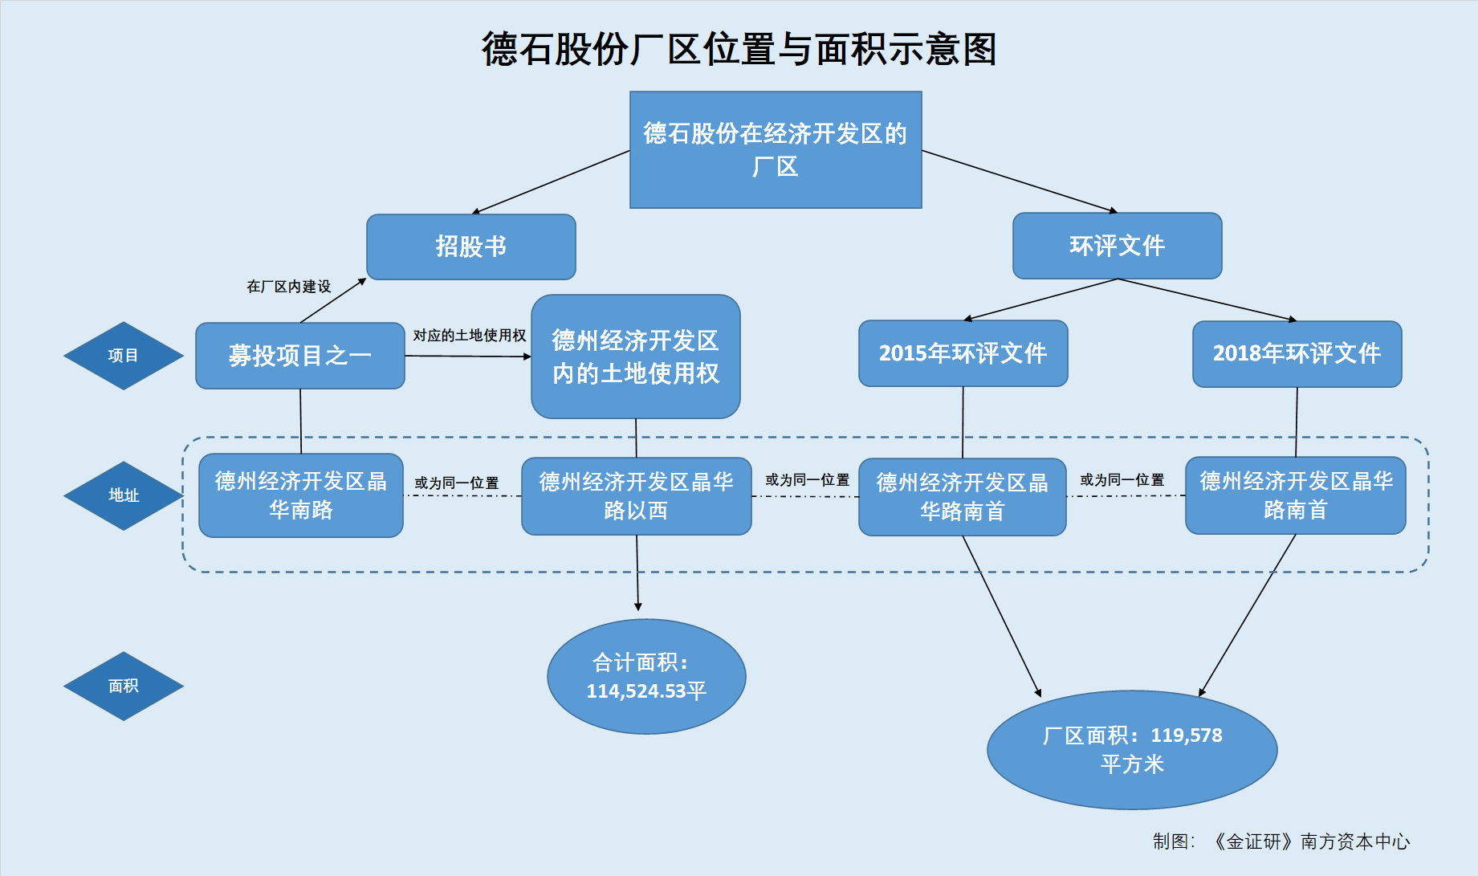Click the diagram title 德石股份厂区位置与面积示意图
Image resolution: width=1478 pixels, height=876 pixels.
pyautogui.click(x=739, y=49)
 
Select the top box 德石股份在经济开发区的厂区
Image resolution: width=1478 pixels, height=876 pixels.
pyautogui.click(x=776, y=149)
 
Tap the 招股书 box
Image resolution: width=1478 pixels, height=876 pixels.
pyautogui.click(x=471, y=247)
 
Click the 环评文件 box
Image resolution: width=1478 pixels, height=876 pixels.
pyautogui.click(x=1118, y=246)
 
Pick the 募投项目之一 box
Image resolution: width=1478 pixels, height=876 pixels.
pyautogui.click(x=300, y=356)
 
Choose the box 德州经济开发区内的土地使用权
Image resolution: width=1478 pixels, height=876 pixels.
pyautogui.click(x=636, y=357)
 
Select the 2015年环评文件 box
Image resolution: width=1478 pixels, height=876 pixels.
pyautogui.click(x=963, y=353)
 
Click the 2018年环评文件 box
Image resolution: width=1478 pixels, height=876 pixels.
pyautogui.click(x=1297, y=354)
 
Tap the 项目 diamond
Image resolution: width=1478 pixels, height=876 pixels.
pyautogui.click(x=124, y=356)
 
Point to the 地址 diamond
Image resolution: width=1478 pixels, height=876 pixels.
pyautogui.click(x=124, y=495)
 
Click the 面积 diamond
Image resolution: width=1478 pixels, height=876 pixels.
pyautogui.click(x=124, y=686)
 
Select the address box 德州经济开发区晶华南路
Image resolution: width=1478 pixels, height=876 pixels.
pyautogui.click(x=301, y=495)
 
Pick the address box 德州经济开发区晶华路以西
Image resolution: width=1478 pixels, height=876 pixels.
pyautogui.click(x=637, y=496)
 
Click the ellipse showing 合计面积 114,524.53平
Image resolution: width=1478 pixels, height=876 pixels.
pyautogui.click(x=646, y=676)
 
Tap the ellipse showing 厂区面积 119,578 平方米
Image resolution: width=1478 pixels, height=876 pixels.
pyautogui.click(x=1132, y=750)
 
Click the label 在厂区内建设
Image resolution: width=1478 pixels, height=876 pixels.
pyautogui.click(x=289, y=287)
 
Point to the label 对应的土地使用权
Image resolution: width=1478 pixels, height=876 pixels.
pyautogui.click(x=470, y=336)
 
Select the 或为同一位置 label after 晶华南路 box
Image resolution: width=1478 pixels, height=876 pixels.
pyautogui.click(x=457, y=483)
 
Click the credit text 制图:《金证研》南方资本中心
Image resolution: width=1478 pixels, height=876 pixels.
pyautogui.click(x=1281, y=841)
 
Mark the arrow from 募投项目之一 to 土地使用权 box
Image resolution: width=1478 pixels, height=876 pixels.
pyautogui.click(x=468, y=356)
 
